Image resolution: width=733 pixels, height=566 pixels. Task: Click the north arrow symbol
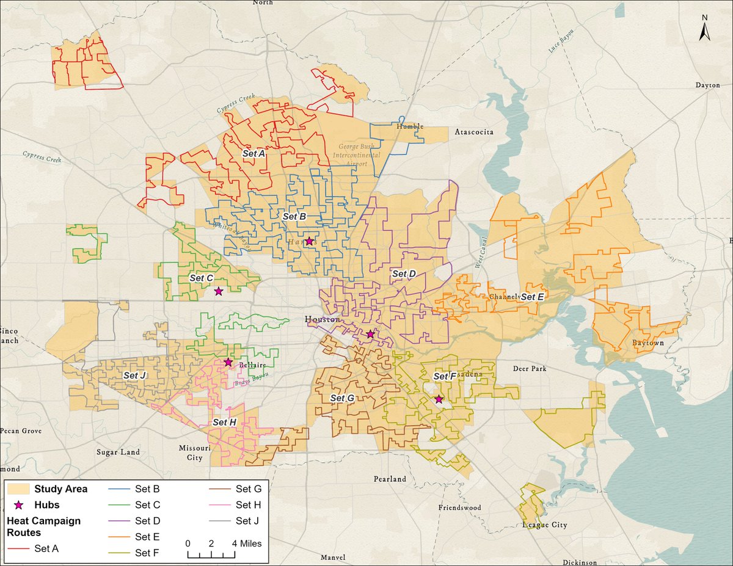[704, 29]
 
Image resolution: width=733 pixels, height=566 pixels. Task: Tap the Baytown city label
[647, 343]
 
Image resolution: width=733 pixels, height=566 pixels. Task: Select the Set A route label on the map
[253, 154]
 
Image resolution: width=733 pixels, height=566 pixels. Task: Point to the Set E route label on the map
[532, 297]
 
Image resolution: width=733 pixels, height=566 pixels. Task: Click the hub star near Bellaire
[228, 362]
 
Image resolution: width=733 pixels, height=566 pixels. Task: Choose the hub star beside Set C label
[218, 291]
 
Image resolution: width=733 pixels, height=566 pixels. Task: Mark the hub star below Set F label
[439, 399]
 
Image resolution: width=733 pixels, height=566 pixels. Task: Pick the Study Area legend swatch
[18, 488]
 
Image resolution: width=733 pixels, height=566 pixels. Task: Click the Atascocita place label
[474, 132]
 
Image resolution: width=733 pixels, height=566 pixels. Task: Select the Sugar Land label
[118, 452]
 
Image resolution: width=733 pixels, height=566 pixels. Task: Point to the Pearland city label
[390, 479]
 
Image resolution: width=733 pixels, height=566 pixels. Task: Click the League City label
[545, 525]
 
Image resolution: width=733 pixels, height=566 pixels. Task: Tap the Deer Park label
[530, 369]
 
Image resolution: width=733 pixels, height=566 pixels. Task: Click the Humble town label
[410, 126]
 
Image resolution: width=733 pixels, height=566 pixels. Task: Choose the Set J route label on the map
[134, 376]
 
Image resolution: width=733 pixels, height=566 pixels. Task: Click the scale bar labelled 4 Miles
[211, 553]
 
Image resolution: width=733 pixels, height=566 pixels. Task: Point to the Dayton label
[707, 85]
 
